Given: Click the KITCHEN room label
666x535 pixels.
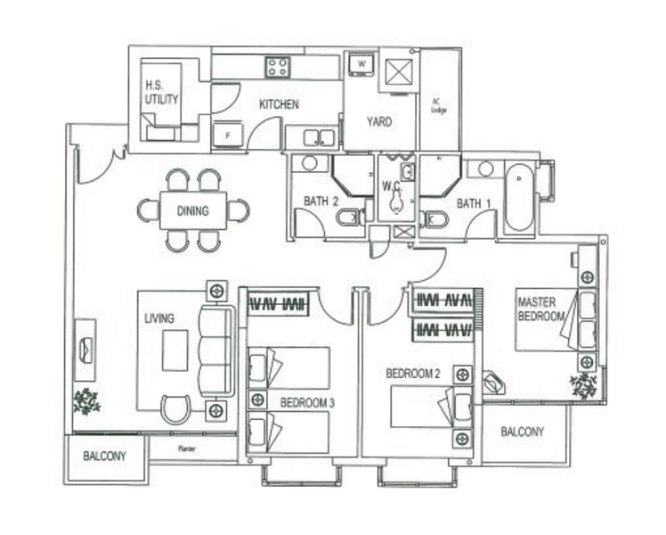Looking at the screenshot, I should pyautogui.click(x=279, y=105).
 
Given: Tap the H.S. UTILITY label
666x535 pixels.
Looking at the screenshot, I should pyautogui.click(x=161, y=94).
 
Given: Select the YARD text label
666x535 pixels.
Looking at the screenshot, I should pyautogui.click(x=379, y=122).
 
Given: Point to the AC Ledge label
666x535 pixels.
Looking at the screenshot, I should pyautogui.click(x=438, y=105).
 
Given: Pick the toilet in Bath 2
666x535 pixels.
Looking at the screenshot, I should pyautogui.click(x=349, y=218).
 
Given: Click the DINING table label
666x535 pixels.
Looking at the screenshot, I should pyautogui.click(x=192, y=211).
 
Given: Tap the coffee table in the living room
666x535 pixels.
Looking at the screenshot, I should pyautogui.click(x=175, y=350).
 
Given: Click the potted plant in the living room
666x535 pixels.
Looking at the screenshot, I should pyautogui.click(x=87, y=400).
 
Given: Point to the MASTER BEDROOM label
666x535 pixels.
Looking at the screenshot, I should pyautogui.click(x=541, y=309).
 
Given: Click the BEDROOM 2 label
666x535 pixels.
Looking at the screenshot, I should pyautogui.click(x=413, y=374).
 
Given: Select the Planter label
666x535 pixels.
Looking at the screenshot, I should pyautogui.click(x=187, y=449).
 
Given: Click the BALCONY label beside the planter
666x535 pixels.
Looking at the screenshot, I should pyautogui.click(x=105, y=457).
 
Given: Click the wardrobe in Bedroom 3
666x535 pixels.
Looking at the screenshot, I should pyautogui.click(x=277, y=304).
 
